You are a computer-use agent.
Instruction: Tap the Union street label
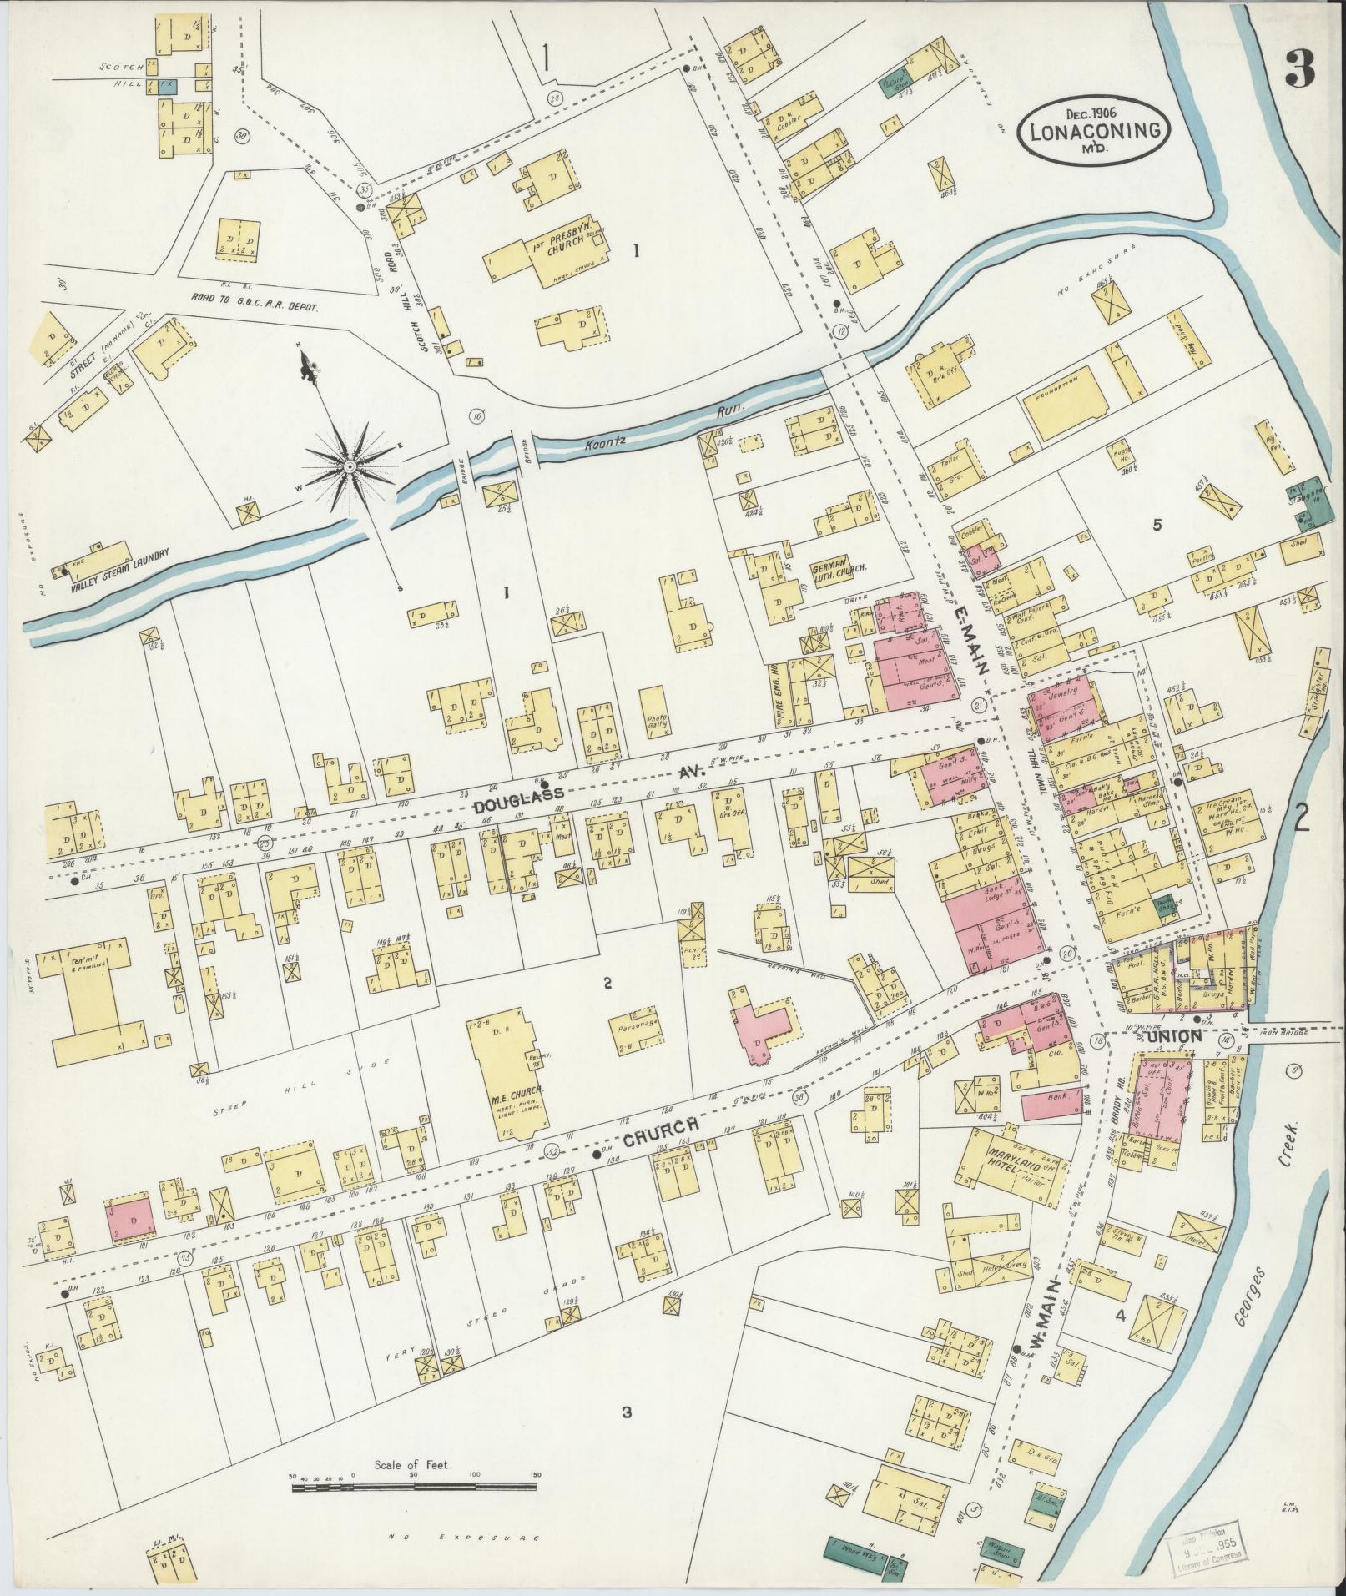(1175, 1036)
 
